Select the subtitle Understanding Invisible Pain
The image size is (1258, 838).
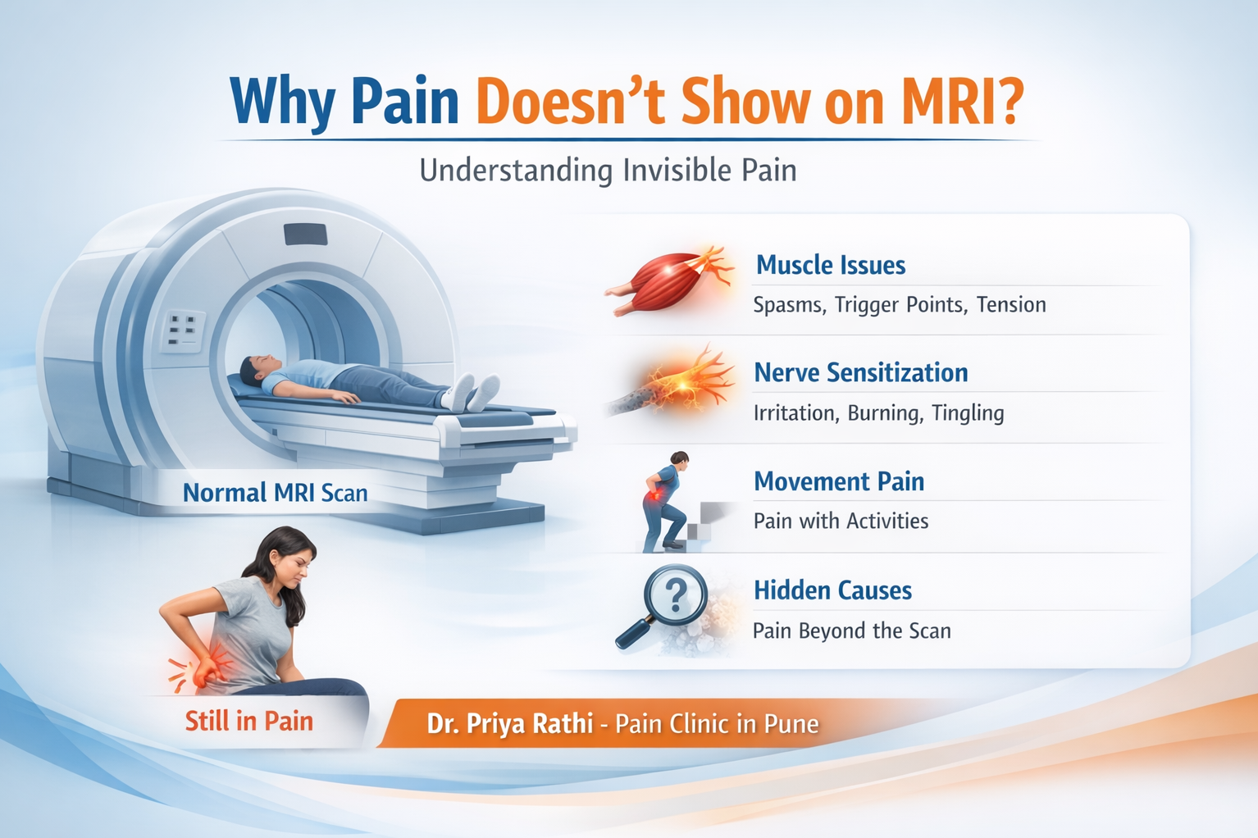click(x=608, y=171)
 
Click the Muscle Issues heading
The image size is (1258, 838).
click(x=831, y=265)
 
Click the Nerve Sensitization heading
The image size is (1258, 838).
click(x=861, y=372)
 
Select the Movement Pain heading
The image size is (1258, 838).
click(x=839, y=481)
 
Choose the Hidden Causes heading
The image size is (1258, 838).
click(x=832, y=590)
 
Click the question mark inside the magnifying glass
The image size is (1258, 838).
click(x=675, y=595)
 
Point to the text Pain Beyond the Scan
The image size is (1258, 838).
click(x=851, y=631)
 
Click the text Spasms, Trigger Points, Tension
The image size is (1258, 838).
click(x=899, y=305)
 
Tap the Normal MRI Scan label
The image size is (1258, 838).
click(x=276, y=493)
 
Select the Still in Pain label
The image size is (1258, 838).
click(x=248, y=722)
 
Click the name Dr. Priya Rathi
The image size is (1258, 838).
click(x=509, y=723)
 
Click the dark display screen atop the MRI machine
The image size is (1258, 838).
click(x=306, y=235)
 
